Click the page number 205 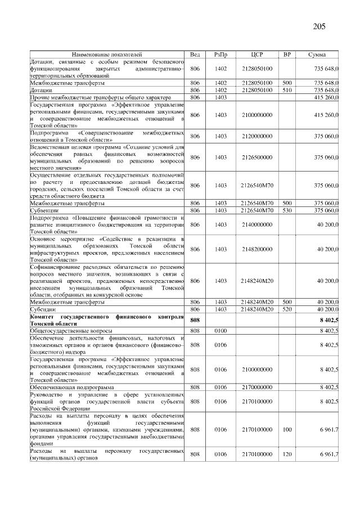(x=319, y=26)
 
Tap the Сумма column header (x=318, y=54)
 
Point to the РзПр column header (x=220, y=54)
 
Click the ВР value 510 (x=287, y=89)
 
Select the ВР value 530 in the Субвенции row (x=287, y=210)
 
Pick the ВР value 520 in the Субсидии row (x=287, y=309)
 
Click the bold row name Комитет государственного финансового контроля (x=106, y=320)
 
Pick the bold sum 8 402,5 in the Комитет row (x=328, y=320)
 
